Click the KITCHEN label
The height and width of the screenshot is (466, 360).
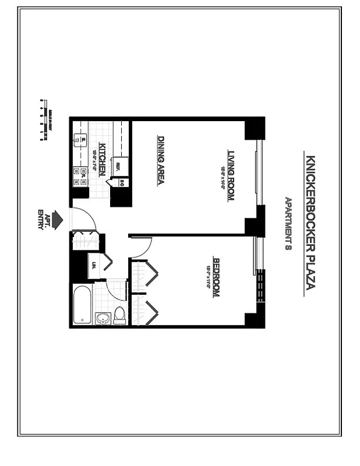(101, 160)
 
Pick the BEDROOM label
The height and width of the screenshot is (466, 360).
(216, 277)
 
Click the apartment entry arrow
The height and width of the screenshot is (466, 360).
(57, 220)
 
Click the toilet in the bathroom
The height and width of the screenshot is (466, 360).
(119, 315)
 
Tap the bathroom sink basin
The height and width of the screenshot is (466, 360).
(103, 319)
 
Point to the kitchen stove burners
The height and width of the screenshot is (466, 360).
(78, 173)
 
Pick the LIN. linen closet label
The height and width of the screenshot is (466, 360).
(94, 264)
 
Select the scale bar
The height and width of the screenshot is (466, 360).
(41, 121)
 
